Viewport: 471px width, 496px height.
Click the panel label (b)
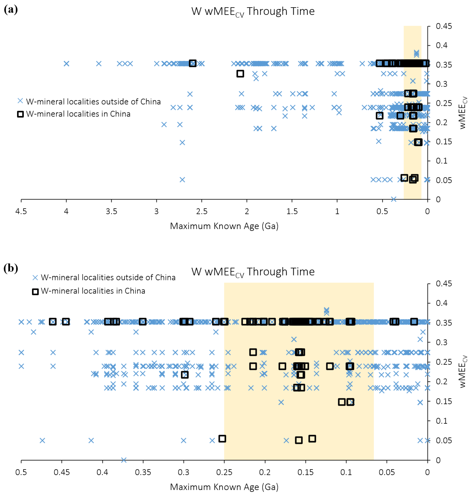(11, 268)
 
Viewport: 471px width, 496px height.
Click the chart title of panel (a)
(253, 11)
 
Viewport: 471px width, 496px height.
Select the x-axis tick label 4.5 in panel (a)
(21, 211)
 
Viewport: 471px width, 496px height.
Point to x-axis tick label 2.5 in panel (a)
(202, 211)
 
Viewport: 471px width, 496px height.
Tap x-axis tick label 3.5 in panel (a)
(111, 211)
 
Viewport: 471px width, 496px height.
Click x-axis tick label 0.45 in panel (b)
(62, 472)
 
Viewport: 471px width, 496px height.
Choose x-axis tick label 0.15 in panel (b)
(306, 472)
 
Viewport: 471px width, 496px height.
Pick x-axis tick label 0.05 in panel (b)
(387, 472)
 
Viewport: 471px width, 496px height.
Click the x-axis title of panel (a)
(224, 226)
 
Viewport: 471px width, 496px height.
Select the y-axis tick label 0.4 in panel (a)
(442, 46)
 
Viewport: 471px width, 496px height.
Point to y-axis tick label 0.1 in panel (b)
(442, 421)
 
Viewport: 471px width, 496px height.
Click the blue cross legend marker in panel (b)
(35, 278)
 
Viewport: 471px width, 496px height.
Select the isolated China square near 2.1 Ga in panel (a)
(240, 74)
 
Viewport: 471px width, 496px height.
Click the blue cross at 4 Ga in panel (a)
(66, 64)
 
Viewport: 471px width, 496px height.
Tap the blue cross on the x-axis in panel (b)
(123, 460)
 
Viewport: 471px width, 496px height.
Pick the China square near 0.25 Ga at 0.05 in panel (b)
(222, 439)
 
